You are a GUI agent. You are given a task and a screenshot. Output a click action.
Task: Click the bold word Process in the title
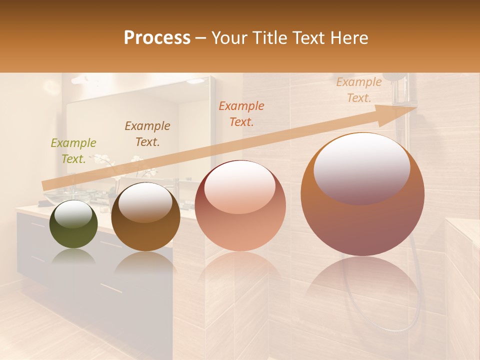point(157,38)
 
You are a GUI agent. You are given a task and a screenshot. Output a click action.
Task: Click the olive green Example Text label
point(73,151)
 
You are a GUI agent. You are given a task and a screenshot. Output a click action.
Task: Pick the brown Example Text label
point(147,134)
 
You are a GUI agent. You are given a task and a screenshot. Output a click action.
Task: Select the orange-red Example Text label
point(241,114)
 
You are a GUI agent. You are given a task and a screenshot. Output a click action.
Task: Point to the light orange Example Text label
point(359,90)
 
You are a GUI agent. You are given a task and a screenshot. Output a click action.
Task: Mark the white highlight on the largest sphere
point(362,167)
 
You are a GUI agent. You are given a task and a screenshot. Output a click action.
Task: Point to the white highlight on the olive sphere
point(73,213)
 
